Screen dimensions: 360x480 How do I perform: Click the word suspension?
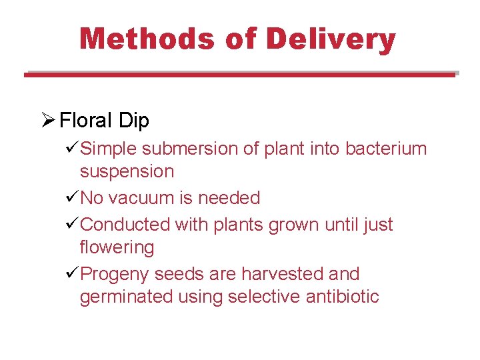[127, 172]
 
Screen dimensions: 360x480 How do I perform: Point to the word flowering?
[117, 248]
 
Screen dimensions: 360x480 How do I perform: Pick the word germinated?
[127, 297]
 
